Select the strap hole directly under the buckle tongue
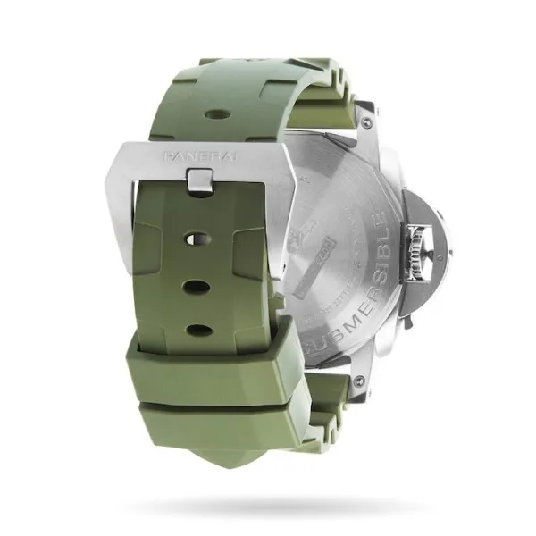click(x=197, y=239)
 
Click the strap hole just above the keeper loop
click(x=197, y=330)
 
